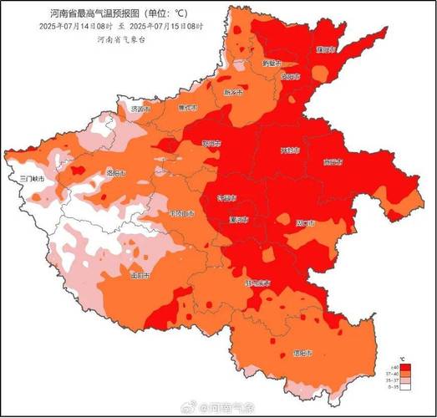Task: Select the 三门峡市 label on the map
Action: [32, 179]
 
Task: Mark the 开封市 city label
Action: [289, 151]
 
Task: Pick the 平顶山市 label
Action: [181, 214]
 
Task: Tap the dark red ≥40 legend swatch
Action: [404, 367]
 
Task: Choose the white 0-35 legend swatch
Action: [404, 386]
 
